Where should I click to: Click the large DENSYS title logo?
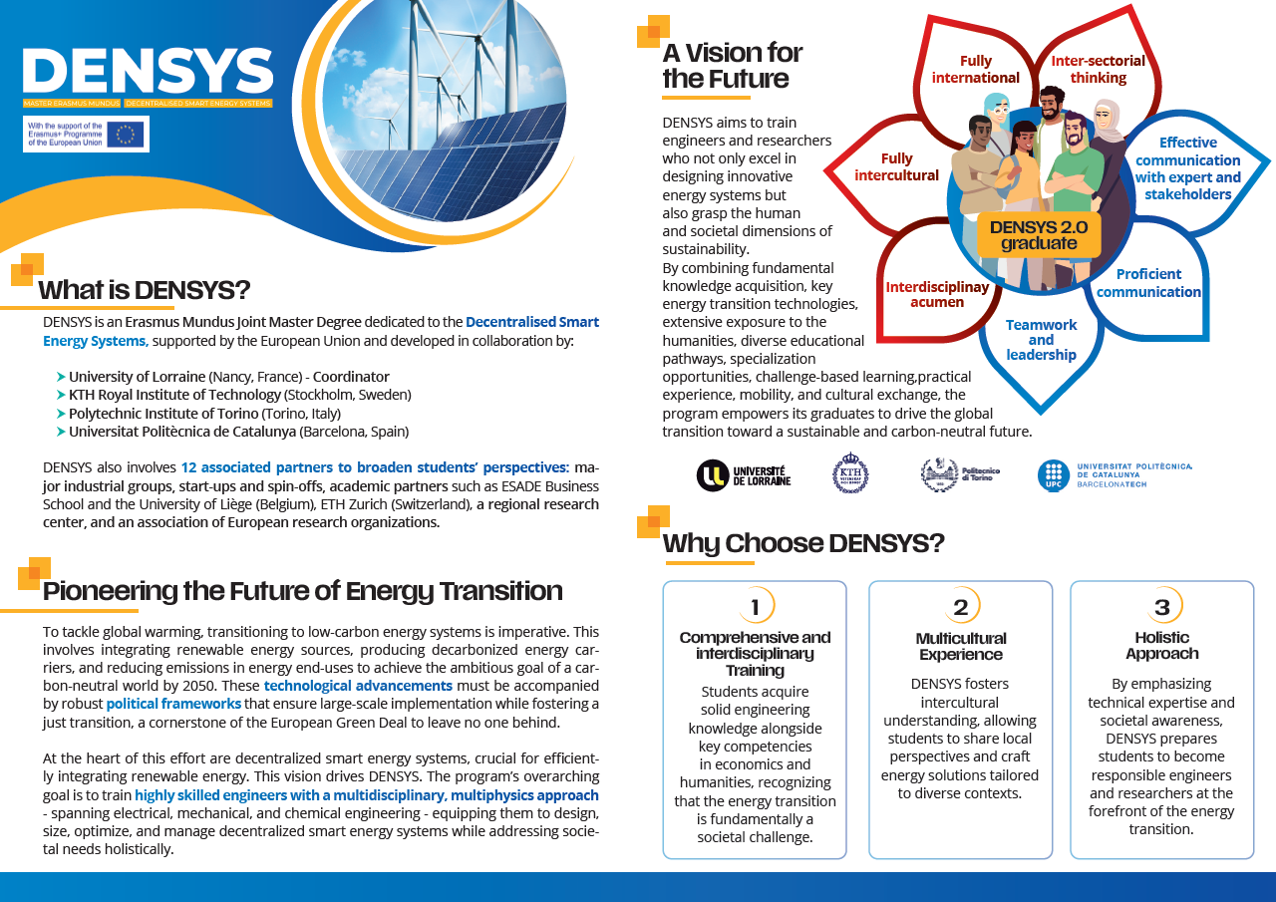(x=148, y=72)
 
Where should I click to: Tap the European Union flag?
(x=126, y=134)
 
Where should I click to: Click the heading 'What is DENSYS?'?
(x=144, y=290)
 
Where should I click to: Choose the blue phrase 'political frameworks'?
(x=173, y=704)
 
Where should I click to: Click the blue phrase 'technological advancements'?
(x=358, y=686)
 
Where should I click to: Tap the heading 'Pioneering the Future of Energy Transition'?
(x=302, y=591)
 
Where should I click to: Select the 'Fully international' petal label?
(x=976, y=70)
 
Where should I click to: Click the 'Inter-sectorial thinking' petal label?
(x=1098, y=70)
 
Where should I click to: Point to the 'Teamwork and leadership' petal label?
(x=1041, y=340)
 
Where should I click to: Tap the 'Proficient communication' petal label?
(x=1148, y=283)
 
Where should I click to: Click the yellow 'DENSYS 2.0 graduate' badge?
(x=1039, y=235)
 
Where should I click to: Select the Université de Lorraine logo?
(x=744, y=476)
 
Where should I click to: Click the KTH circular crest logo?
(x=850, y=473)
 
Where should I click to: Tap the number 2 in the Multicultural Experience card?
(x=960, y=607)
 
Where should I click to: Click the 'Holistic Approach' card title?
(x=1161, y=646)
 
